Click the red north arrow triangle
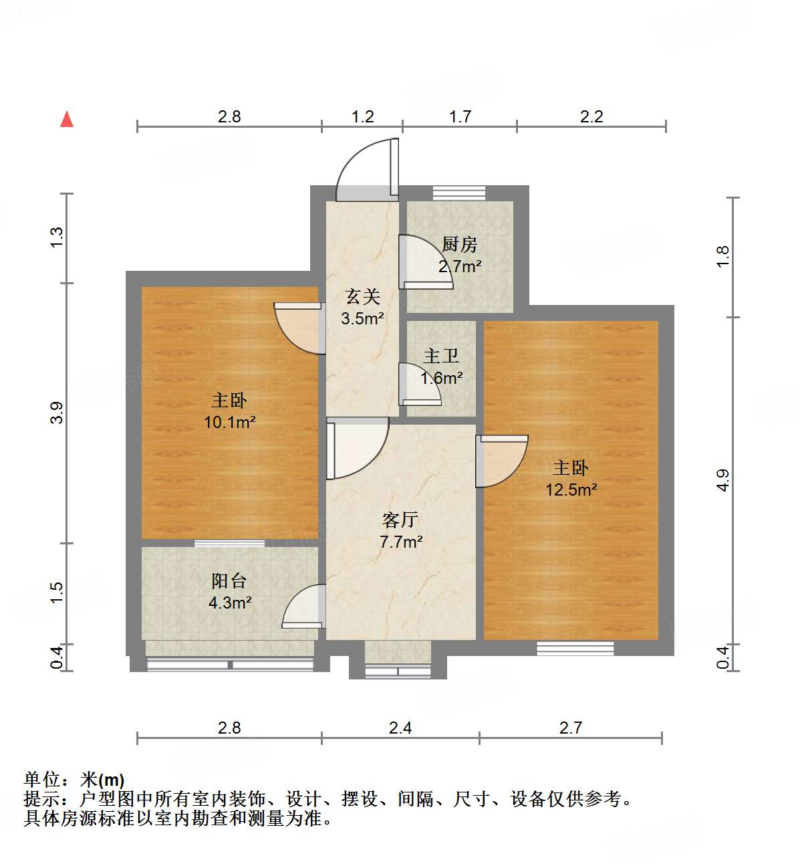click(x=67, y=119)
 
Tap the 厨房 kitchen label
click(x=460, y=255)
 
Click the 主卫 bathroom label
click(x=441, y=366)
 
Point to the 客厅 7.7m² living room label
click(x=401, y=530)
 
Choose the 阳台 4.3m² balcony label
click(x=229, y=592)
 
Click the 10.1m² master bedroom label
click(x=229, y=411)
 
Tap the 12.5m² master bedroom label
click(x=571, y=478)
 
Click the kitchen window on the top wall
click(x=458, y=193)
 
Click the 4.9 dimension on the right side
click(x=722, y=480)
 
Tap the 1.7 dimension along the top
click(x=460, y=117)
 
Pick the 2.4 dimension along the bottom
click(x=400, y=728)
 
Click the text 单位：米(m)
click(x=74, y=780)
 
